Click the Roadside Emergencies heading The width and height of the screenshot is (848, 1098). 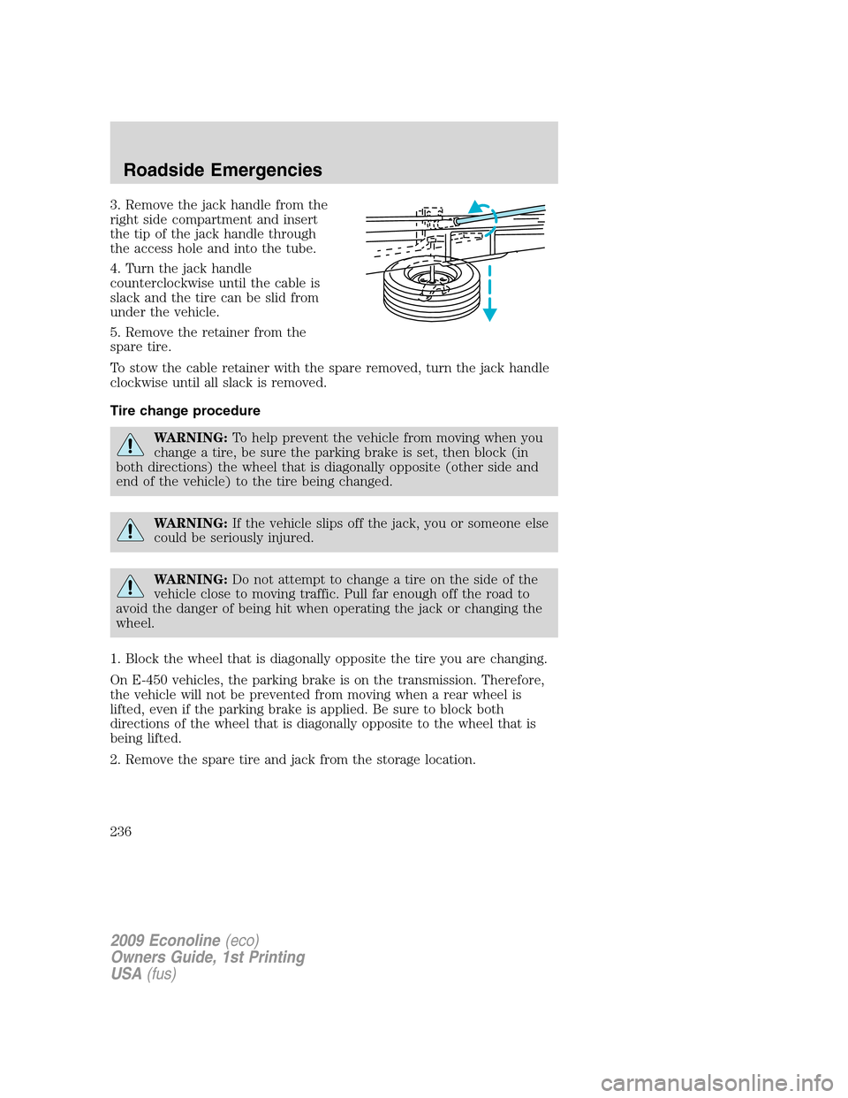point(223,170)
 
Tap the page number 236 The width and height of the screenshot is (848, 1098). point(121,831)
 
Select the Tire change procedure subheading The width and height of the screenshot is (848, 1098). point(185,410)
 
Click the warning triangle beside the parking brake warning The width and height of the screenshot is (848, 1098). point(130,444)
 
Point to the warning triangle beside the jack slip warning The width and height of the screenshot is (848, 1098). point(130,530)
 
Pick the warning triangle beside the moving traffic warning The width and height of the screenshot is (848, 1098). point(130,586)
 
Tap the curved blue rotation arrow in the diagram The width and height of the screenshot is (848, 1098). point(484,210)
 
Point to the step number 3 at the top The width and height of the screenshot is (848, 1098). point(114,205)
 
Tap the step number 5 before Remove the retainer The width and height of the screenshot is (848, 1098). point(114,332)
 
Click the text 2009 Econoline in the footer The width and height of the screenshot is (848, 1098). point(165,941)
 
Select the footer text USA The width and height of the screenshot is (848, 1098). point(126,973)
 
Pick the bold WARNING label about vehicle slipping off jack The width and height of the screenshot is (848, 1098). point(190,523)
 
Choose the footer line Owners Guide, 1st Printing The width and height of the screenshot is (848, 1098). point(208,957)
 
